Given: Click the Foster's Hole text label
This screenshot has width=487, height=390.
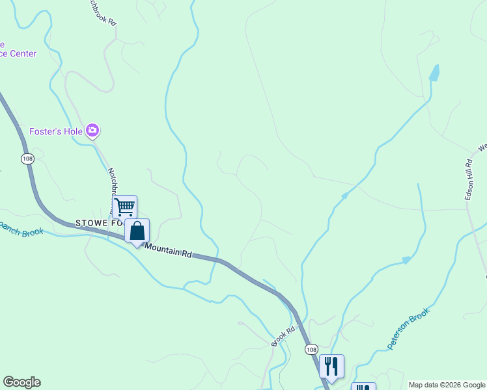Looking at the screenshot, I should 55,131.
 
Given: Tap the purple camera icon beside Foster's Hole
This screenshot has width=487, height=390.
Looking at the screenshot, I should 92,131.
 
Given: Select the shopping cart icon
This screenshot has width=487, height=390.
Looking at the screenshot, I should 124,207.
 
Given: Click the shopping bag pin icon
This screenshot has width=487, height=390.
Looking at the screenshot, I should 137,231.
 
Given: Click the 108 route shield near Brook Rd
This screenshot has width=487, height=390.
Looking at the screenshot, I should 311,349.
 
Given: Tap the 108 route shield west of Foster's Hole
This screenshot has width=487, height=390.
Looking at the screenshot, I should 27,159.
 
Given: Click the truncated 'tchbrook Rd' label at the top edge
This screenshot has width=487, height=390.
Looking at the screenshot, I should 103,12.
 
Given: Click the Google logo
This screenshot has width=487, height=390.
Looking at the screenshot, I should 21,382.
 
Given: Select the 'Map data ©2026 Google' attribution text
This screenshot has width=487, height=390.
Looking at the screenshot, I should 447,385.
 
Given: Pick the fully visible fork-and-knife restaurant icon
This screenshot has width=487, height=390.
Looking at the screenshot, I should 331,367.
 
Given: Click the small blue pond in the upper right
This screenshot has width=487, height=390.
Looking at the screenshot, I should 434,72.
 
